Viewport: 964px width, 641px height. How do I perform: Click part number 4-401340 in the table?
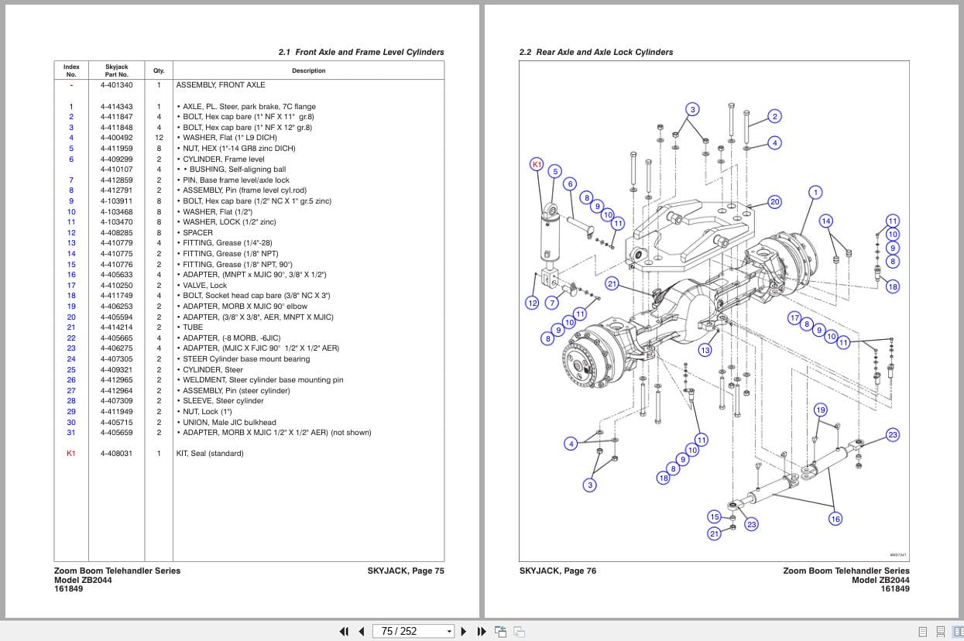[116, 85]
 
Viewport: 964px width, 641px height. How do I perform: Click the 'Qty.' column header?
[159, 70]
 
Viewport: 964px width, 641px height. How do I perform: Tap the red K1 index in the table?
[71, 454]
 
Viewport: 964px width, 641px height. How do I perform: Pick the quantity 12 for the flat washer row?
[159, 138]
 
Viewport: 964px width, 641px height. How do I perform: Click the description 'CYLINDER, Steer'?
[213, 370]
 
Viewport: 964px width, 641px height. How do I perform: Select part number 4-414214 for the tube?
[116, 327]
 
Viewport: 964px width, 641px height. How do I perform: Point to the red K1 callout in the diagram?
[537, 164]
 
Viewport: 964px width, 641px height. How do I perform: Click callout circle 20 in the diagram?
[774, 202]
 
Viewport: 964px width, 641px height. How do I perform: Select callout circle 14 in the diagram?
[826, 221]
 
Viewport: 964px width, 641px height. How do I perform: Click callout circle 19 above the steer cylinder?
[820, 410]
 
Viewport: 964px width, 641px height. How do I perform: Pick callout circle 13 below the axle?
[705, 351]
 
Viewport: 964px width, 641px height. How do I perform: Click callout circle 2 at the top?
[774, 117]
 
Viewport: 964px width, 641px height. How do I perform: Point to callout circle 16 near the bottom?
[835, 519]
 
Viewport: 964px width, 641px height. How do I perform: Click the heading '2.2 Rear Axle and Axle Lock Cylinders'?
[595, 53]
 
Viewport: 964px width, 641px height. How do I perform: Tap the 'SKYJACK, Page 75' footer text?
[405, 571]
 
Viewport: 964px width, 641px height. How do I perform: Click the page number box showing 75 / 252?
[412, 631]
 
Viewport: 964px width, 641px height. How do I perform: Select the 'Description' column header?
[308, 70]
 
